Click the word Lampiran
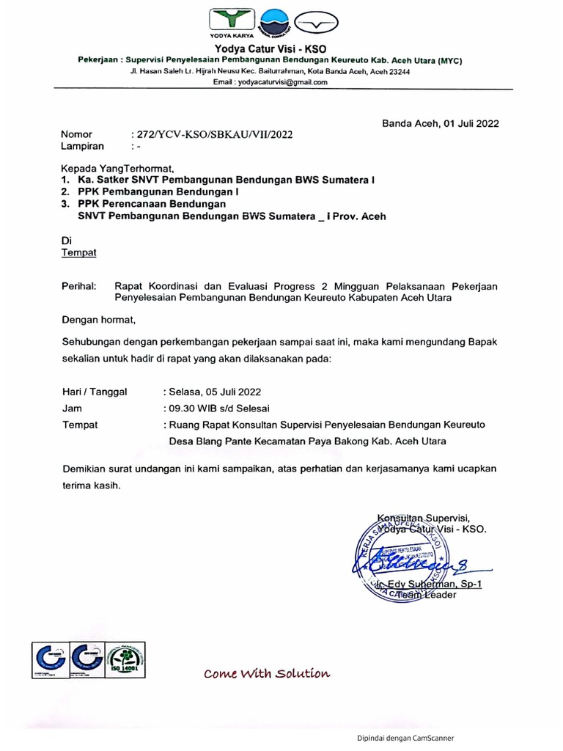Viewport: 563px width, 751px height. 81,146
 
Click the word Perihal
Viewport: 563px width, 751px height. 79,286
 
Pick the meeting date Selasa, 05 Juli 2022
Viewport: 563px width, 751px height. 213,392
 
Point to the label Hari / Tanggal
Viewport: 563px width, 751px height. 95,392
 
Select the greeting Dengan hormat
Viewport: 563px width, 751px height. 99,320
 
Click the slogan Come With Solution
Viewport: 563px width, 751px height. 267,673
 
